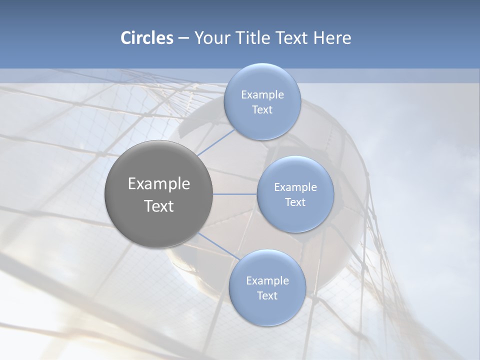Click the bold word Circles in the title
tap(146, 38)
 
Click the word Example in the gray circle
tap(159, 184)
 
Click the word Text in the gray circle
tap(159, 206)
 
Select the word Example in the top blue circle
tap(262, 95)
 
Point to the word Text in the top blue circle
tap(262, 110)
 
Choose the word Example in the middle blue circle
tap(295, 187)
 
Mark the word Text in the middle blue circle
tap(295, 202)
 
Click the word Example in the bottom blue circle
tap(267, 281)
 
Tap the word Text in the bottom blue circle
tap(267, 296)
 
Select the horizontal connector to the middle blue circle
tap(235, 194)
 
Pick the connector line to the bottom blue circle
tap(218, 246)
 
